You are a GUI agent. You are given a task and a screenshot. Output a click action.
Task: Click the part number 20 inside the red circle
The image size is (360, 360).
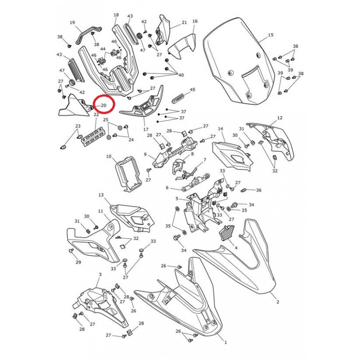tap(103, 105)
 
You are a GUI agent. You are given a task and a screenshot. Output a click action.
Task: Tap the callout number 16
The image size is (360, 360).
tap(195, 21)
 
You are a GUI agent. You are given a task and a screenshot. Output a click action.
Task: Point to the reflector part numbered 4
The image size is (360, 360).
tap(227, 233)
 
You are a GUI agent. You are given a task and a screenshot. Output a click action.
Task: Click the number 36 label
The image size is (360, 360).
tap(259, 190)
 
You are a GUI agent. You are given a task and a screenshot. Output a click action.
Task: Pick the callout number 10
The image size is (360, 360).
tap(108, 157)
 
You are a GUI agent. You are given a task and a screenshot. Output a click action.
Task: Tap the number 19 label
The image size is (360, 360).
tap(72, 22)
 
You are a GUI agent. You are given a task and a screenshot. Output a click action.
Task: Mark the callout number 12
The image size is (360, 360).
tap(279, 118)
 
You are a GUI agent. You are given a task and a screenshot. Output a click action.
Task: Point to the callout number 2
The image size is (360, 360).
tap(278, 302)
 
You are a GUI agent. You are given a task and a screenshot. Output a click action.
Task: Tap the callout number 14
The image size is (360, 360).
tap(220, 129)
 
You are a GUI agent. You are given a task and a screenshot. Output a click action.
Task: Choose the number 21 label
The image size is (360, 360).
tap(184, 22)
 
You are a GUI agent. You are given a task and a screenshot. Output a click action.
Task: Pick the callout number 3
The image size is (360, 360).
tap(100, 274)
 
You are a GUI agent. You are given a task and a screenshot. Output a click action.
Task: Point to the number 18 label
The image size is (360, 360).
tap(116, 15)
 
